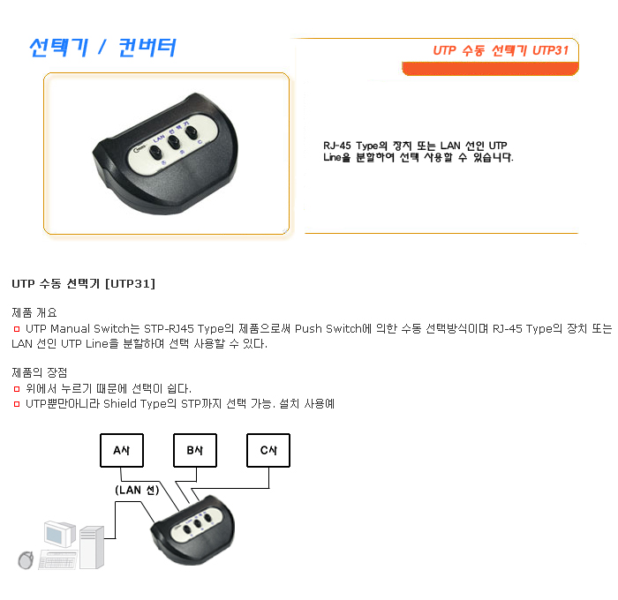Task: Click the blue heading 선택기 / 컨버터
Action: pyautogui.click(x=102, y=48)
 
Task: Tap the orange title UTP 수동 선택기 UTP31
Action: pyautogui.click(x=501, y=50)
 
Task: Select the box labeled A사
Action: pyautogui.click(x=122, y=450)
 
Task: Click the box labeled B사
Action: pyautogui.click(x=195, y=450)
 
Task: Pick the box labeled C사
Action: pyautogui.click(x=268, y=450)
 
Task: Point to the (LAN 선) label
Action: pyautogui.click(x=137, y=490)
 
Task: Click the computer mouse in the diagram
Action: pyautogui.click(x=26, y=560)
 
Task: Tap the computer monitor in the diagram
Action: pyautogui.click(x=60, y=534)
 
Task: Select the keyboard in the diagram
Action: pyautogui.click(x=57, y=560)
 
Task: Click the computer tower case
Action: pyautogui.click(x=92, y=548)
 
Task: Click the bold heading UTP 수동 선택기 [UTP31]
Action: pyautogui.click(x=84, y=283)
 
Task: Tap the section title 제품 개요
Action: pyautogui.click(x=34, y=313)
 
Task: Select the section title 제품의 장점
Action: pyautogui.click(x=40, y=372)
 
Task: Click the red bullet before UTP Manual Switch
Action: pyautogui.click(x=17, y=329)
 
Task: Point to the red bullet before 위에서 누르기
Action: pyautogui.click(x=17, y=389)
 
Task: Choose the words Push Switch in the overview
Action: pyautogui.click(x=328, y=328)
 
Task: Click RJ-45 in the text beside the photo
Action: pyautogui.click(x=337, y=146)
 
